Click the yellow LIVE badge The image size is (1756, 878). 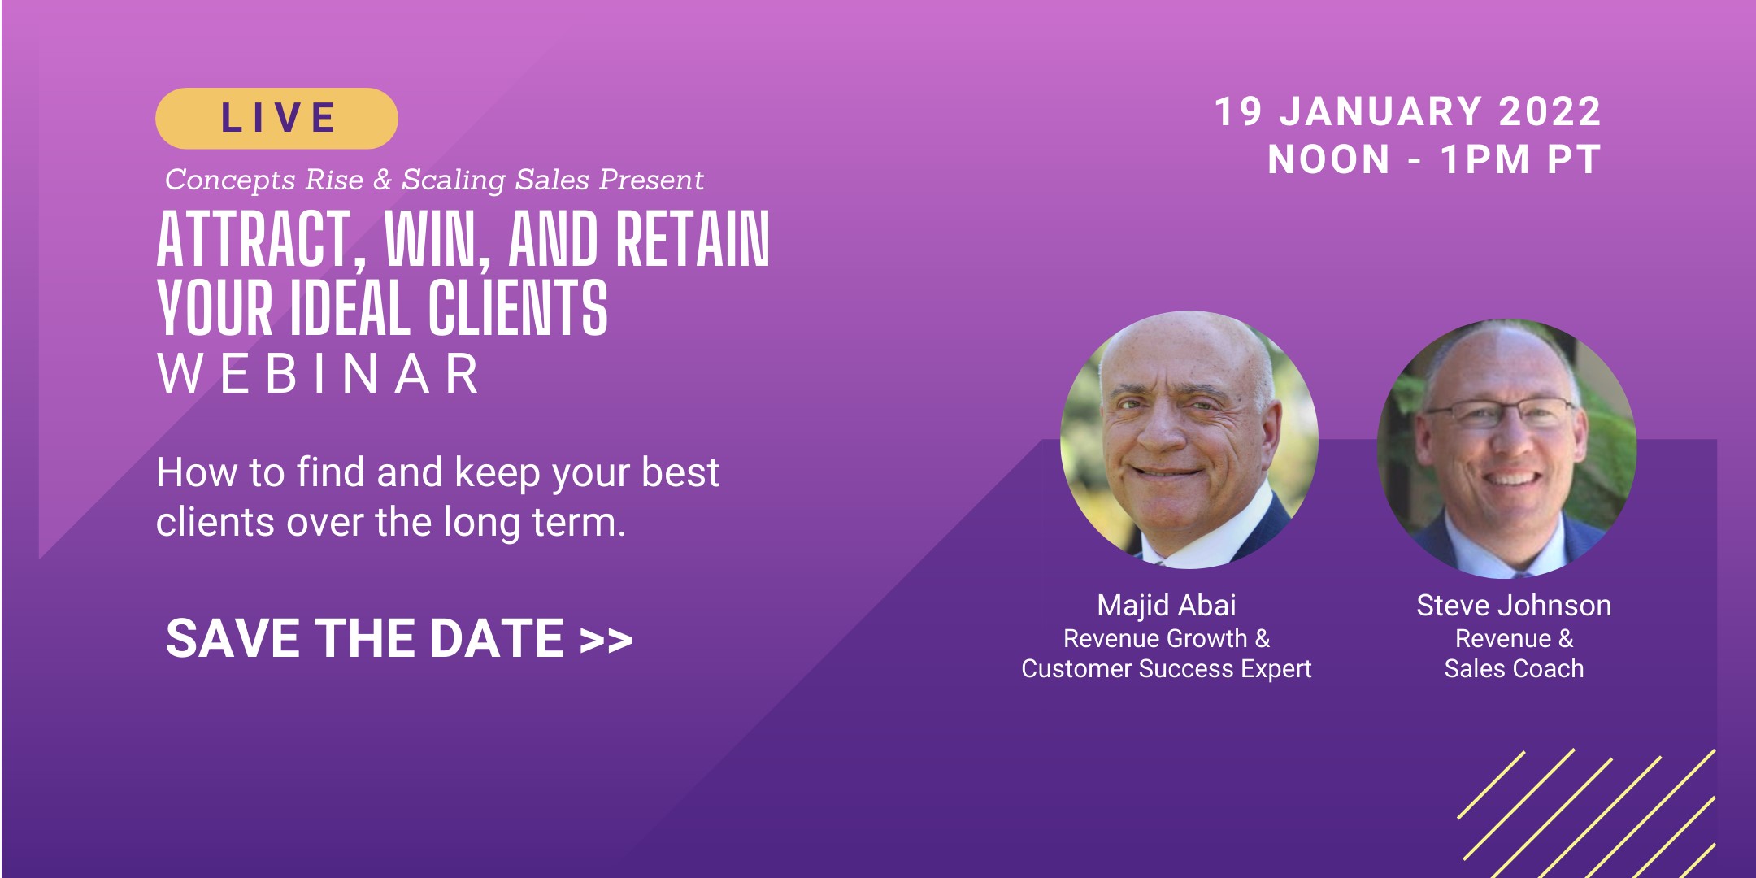(276, 119)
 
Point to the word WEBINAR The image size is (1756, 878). (319, 375)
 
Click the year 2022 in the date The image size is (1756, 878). (1550, 111)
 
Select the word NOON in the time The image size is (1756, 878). (1329, 159)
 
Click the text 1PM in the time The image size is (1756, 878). (1485, 159)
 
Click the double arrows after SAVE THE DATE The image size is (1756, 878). (606, 641)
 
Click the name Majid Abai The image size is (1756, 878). (1167, 606)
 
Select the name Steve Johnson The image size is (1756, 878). (1514, 606)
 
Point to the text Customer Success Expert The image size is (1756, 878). (1167, 668)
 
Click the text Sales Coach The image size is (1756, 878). (1514, 668)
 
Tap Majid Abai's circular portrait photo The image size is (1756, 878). (1189, 439)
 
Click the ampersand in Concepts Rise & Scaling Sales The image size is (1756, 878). (382, 180)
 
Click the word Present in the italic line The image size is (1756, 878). (651, 180)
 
